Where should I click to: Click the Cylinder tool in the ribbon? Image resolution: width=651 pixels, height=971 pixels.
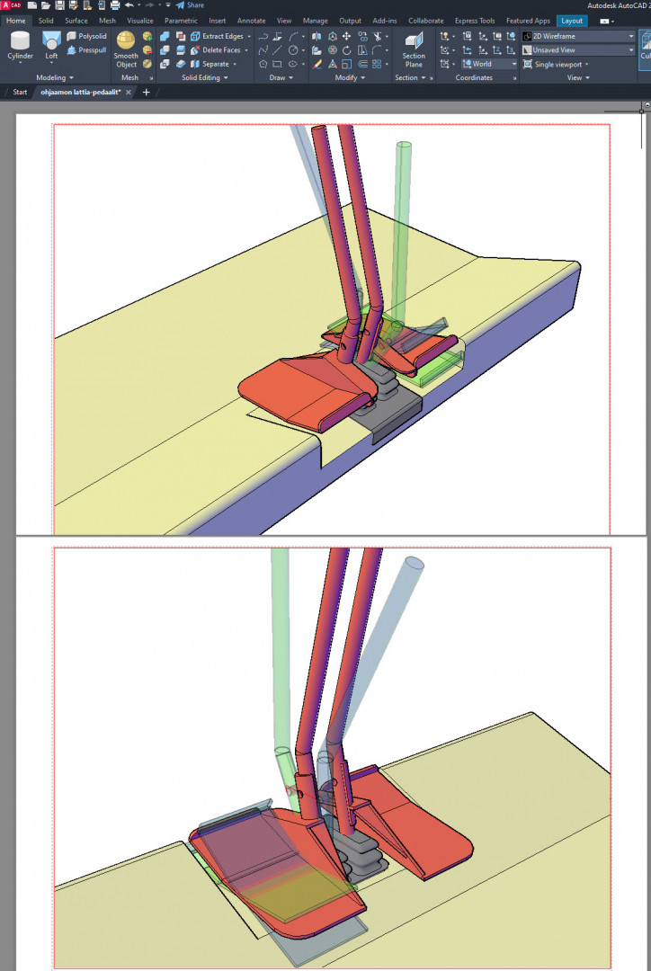pyautogui.click(x=20, y=47)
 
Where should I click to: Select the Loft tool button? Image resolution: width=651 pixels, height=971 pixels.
pyautogui.click(x=51, y=47)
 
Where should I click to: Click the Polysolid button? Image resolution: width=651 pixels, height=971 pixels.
pyautogui.click(x=86, y=36)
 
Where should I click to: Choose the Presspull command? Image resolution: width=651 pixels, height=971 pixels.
pyautogui.click(x=86, y=50)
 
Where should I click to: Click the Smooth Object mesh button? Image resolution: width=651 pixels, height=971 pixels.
pyautogui.click(x=126, y=49)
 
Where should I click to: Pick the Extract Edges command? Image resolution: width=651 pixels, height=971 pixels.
pyautogui.click(x=220, y=36)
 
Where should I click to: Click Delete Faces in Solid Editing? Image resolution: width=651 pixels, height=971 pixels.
pyautogui.click(x=218, y=50)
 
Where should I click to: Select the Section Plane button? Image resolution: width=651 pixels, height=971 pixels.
pyautogui.click(x=414, y=49)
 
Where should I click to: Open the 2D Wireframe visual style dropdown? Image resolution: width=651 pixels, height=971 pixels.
pyautogui.click(x=578, y=36)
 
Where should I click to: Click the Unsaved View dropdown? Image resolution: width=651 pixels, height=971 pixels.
pyautogui.click(x=578, y=50)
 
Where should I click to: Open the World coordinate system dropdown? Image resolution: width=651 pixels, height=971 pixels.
pyautogui.click(x=489, y=64)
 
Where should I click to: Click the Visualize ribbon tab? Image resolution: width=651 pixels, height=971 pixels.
pyautogui.click(x=140, y=21)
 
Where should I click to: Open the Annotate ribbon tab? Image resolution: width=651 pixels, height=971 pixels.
pyautogui.click(x=252, y=21)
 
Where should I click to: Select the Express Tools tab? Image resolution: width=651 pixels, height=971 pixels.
pyautogui.click(x=475, y=21)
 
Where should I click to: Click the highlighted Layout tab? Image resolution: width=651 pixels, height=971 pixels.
pyautogui.click(x=572, y=21)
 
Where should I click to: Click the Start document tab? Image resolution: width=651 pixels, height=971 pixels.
pyautogui.click(x=20, y=93)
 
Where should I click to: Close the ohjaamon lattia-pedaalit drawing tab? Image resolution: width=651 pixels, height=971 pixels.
pyautogui.click(x=129, y=93)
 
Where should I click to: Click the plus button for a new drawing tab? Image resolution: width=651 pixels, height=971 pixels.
pyautogui.click(x=147, y=93)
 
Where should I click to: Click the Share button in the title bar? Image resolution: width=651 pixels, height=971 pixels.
pyautogui.click(x=190, y=5)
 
